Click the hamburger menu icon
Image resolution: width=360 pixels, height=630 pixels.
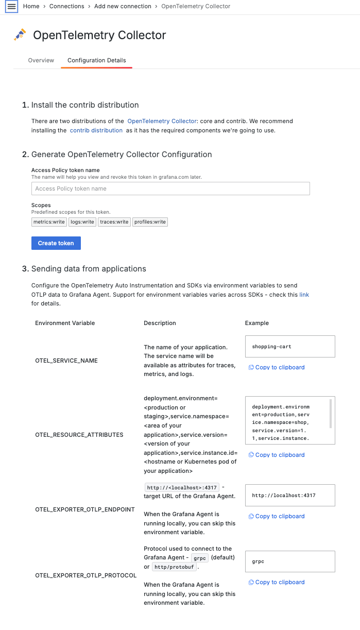pyautogui.click(x=11, y=7)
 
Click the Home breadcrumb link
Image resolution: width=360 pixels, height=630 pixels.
pyautogui.click(x=31, y=6)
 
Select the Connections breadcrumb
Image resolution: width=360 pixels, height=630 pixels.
pyautogui.click(x=67, y=6)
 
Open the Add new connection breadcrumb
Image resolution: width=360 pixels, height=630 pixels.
pyautogui.click(x=123, y=6)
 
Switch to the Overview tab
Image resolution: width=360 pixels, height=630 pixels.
pyautogui.click(x=41, y=60)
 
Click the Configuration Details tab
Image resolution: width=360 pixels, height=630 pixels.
pyautogui.click(x=97, y=60)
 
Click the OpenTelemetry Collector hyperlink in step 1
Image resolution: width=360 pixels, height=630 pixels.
pyautogui.click(x=162, y=121)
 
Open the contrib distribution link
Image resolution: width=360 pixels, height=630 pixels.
pyautogui.click(x=96, y=130)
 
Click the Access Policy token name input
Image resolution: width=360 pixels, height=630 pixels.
pyautogui.click(x=170, y=189)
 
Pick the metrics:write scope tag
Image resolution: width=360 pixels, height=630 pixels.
pyautogui.click(x=49, y=222)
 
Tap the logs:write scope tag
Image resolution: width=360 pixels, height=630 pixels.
pyautogui.click(x=82, y=222)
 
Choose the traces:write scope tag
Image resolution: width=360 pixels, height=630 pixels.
pyautogui.click(x=114, y=222)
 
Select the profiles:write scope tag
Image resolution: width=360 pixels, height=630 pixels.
pyautogui.click(x=150, y=222)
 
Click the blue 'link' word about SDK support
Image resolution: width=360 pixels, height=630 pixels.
pyautogui.click(x=304, y=295)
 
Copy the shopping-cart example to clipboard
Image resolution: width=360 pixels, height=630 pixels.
pyautogui.click(x=277, y=367)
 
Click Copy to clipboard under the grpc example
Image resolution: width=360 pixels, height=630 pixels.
pyautogui.click(x=277, y=582)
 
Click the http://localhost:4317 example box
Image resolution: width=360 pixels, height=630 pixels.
pyautogui.click(x=290, y=496)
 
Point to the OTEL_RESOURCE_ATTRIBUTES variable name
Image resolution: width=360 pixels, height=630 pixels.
pyautogui.click(x=79, y=435)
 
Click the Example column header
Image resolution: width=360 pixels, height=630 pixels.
pyautogui.click(x=257, y=323)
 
